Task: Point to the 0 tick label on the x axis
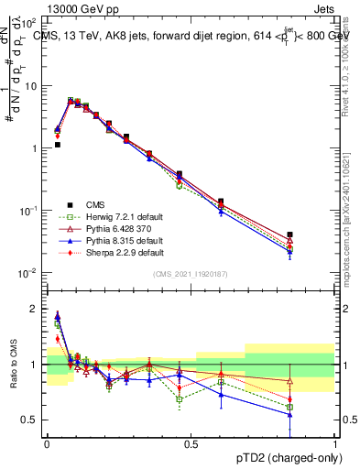click(x=47, y=443)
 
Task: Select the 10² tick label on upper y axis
click(x=31, y=23)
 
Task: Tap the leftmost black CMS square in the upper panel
click(x=57, y=145)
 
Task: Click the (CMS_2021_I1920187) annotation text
click(x=190, y=275)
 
